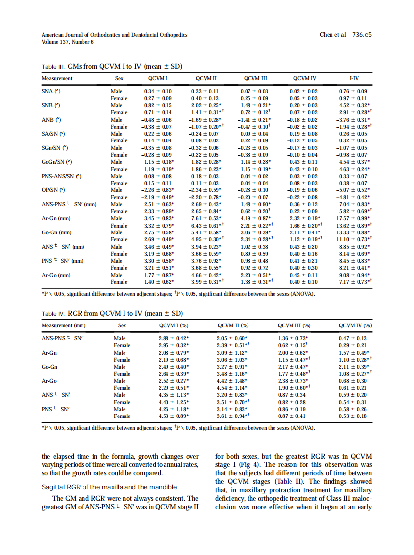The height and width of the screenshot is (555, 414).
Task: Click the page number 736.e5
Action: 362,35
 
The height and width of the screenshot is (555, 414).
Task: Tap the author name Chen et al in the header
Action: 333,35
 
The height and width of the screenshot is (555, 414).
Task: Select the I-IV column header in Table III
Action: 354,78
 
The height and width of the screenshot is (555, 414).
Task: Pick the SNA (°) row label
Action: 51,92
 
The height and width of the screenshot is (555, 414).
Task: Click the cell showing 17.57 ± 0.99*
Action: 354,218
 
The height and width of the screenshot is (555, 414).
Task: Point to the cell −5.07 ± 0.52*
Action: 354,189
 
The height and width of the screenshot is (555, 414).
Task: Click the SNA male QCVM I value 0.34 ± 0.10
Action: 158,92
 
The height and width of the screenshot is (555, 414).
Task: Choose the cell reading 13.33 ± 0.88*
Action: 354,232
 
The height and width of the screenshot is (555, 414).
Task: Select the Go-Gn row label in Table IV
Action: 50,367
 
